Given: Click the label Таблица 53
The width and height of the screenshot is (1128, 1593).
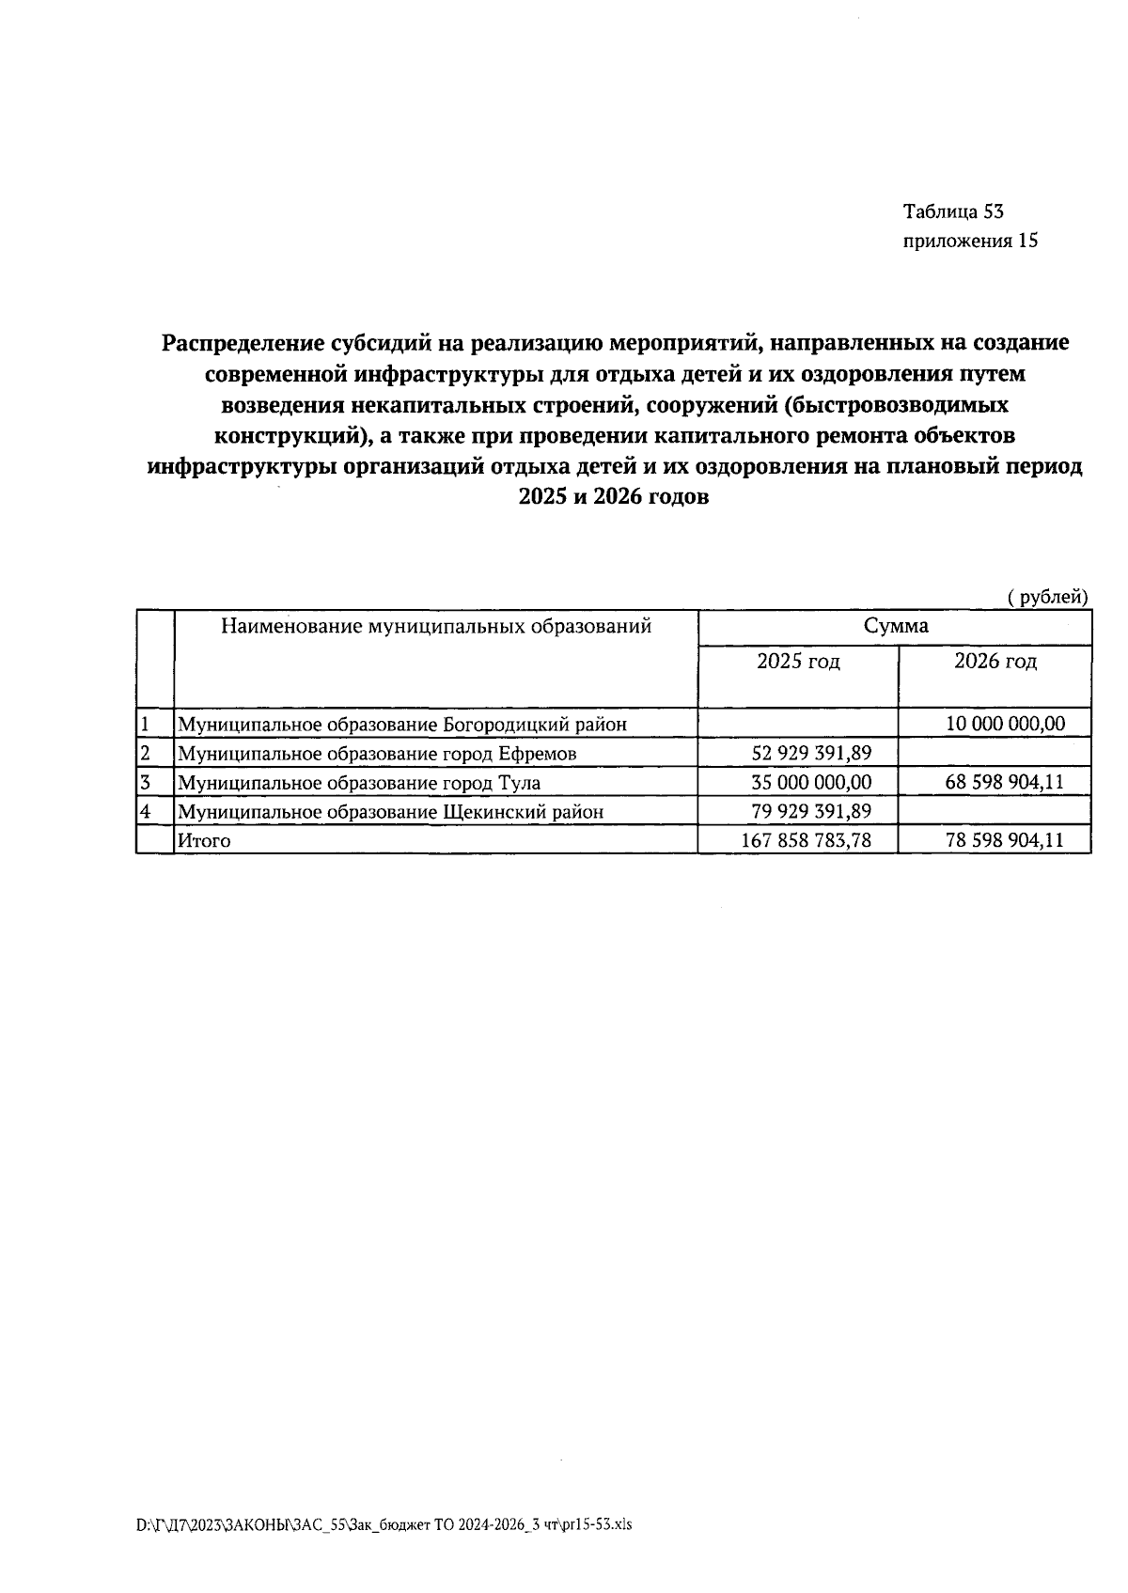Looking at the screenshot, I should coord(953,211).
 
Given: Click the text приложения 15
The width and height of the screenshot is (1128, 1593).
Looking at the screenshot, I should coord(970,241).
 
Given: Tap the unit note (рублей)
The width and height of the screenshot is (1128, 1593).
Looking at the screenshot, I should coord(1047,597).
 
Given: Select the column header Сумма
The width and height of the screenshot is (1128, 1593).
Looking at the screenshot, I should coord(895,626).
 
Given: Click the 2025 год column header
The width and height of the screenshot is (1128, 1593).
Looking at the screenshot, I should coord(798,662).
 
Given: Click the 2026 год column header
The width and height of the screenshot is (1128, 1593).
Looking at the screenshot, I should coord(995,662).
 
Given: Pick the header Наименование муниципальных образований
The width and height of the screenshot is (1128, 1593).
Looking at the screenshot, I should coord(436,626).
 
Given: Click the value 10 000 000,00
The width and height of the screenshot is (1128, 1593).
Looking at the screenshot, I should coord(1005,724).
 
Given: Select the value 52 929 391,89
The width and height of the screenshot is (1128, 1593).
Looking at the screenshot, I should coord(812,753).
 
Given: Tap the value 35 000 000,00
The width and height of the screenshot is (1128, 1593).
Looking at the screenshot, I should coord(812,782).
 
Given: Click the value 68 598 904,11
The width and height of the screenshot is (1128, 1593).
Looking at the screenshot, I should coord(1005,782).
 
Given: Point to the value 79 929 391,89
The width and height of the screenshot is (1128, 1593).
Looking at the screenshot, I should coord(812,811).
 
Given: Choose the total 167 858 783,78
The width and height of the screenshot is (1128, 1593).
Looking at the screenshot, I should coord(807,840).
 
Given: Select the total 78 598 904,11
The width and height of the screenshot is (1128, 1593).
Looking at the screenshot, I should coord(1005,840).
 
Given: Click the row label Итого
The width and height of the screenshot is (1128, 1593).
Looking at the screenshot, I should coord(204,841).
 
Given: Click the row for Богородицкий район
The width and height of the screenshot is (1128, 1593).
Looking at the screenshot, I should coord(402,725).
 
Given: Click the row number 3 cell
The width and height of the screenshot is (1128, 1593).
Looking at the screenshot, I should coord(147,782).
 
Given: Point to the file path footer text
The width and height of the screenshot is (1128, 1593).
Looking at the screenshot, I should coord(384,1524).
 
